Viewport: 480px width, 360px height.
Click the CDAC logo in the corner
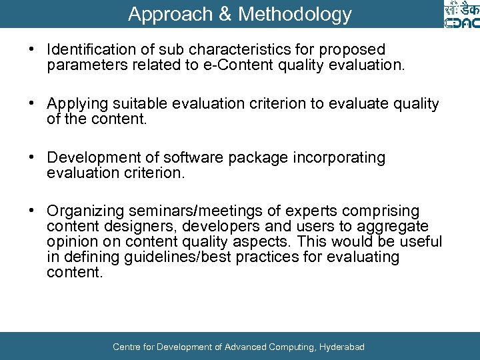click(461, 15)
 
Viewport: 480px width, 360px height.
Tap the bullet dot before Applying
click(31, 105)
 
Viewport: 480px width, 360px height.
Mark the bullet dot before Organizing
click(31, 212)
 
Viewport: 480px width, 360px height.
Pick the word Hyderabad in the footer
click(342, 347)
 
